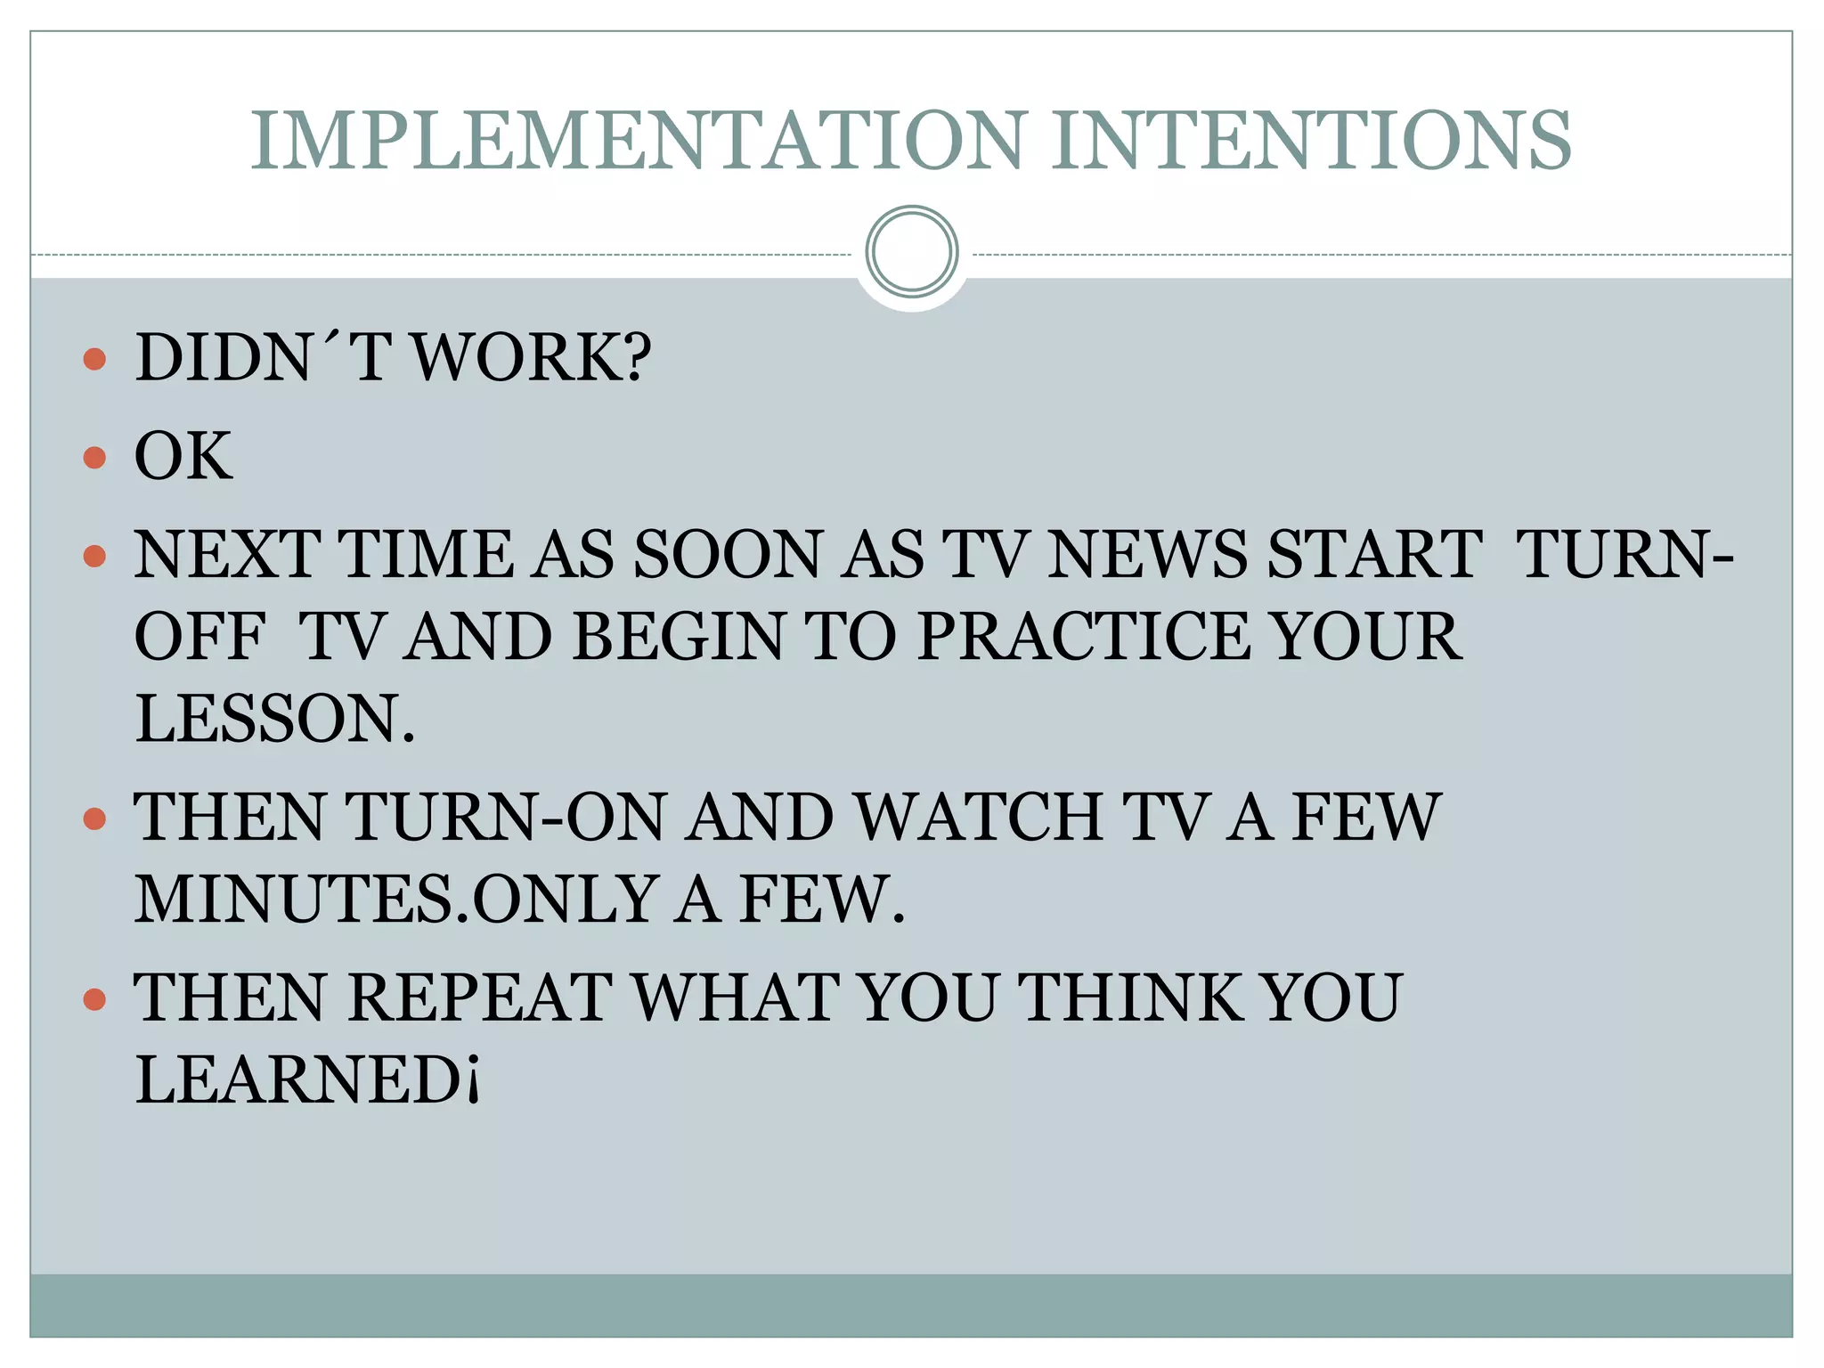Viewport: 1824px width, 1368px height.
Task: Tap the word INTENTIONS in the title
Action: tap(1311, 141)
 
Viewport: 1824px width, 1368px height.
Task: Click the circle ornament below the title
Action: tap(911, 252)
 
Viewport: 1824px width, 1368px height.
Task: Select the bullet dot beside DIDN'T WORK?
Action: tap(94, 359)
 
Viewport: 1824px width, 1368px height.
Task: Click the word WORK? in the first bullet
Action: tap(533, 358)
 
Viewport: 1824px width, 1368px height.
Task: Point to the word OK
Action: tap(183, 456)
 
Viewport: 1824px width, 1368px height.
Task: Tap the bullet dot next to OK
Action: tap(94, 458)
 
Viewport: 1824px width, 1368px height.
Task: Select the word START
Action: tap(1376, 554)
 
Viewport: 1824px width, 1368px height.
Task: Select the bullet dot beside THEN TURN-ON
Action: tap(94, 818)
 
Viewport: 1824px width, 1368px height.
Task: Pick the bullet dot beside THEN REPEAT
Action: tap(94, 998)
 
